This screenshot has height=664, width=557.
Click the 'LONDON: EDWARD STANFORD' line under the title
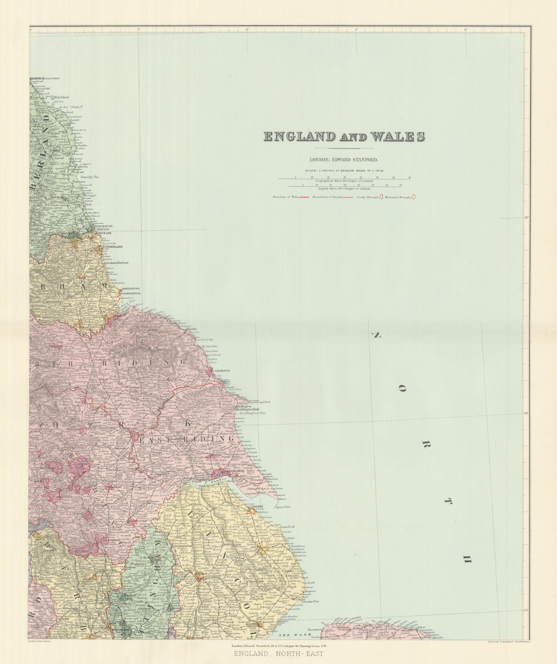click(344, 159)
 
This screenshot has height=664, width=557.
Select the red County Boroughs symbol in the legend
click(381, 198)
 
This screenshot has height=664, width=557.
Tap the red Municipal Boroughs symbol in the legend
click(413, 198)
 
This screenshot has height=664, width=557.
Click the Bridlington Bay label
click(251, 413)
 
